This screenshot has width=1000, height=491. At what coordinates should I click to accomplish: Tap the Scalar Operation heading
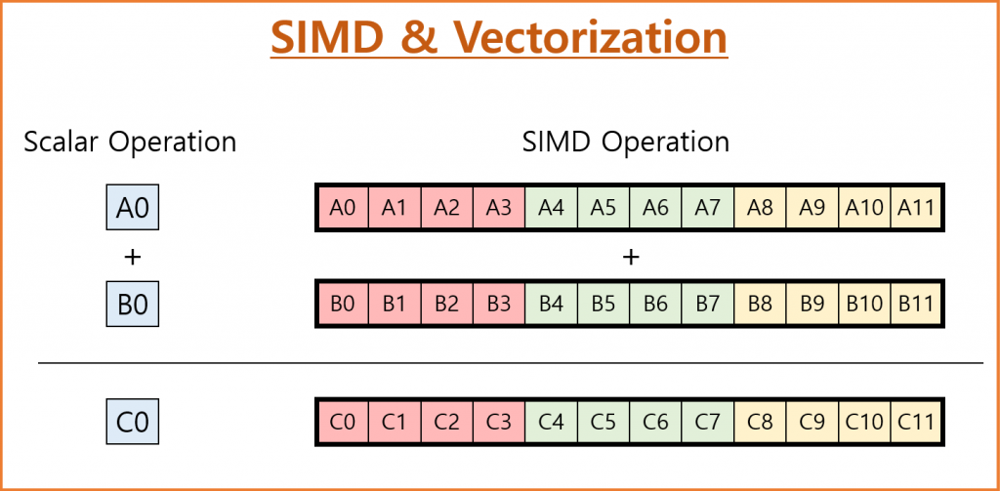(130, 142)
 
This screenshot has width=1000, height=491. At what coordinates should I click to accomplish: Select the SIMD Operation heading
(626, 142)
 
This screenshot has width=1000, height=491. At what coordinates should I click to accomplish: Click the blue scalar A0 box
(132, 208)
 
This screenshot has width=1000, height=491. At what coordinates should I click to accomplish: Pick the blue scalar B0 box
(132, 305)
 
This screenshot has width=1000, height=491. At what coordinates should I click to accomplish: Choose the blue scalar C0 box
(132, 422)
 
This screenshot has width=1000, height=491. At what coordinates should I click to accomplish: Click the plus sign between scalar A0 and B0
(132, 257)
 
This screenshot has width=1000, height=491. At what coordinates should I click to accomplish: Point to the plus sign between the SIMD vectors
(630, 257)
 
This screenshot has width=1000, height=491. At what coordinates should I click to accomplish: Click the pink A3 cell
(499, 208)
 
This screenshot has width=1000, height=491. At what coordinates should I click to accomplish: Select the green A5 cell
(604, 208)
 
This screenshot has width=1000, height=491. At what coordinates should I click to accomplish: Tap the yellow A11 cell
(916, 208)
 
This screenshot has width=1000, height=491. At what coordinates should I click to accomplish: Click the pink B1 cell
(395, 305)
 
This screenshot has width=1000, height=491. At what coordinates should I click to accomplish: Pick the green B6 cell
(655, 305)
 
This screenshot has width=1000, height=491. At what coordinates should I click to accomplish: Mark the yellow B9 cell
(812, 305)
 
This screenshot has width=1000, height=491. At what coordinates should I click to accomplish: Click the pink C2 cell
(447, 422)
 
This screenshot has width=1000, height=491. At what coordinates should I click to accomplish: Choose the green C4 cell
(551, 422)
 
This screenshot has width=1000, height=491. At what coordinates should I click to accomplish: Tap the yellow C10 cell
(864, 422)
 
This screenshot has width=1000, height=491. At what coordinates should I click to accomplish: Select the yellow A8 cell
(760, 208)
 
